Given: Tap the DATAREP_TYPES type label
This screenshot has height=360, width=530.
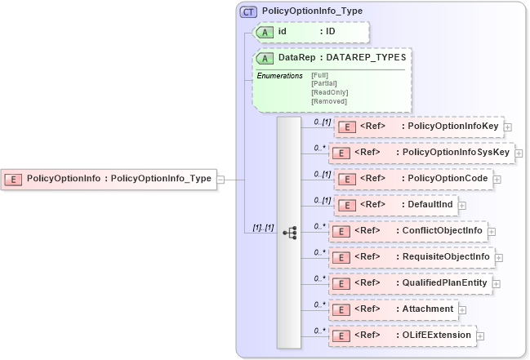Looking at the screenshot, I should click(x=368, y=58).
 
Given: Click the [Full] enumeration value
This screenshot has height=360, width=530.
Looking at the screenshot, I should click(x=320, y=75).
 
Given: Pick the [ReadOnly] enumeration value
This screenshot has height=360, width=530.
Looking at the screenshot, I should click(x=328, y=92).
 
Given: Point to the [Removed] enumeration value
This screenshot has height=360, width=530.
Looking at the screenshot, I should click(x=328, y=100).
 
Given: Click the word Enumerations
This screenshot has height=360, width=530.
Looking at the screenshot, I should click(x=280, y=76).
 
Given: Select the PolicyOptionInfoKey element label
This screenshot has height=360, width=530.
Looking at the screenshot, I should click(x=453, y=127).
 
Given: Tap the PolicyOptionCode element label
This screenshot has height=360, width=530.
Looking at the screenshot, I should click(x=448, y=178).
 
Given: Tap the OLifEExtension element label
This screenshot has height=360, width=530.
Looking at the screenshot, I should click(x=436, y=335).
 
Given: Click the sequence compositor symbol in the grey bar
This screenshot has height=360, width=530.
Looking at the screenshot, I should click(x=289, y=232).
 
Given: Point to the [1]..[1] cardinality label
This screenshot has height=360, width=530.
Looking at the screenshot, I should click(x=257, y=228).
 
